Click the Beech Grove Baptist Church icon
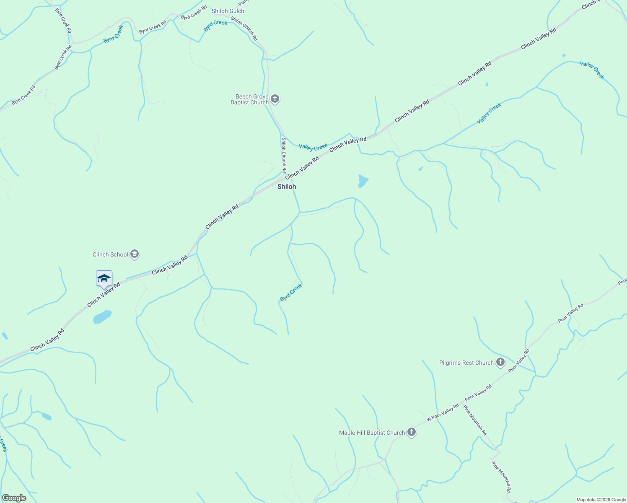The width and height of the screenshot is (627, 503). (x=275, y=99)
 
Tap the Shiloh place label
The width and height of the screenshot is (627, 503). (x=287, y=187)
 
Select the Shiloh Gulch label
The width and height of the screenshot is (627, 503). (x=228, y=11)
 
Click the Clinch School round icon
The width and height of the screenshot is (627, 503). (x=135, y=254)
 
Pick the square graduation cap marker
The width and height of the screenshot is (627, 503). (x=104, y=279)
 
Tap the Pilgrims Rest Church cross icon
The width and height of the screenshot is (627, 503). (x=500, y=362)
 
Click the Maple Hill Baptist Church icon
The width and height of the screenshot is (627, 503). (x=412, y=433)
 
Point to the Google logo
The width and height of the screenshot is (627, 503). (x=14, y=498)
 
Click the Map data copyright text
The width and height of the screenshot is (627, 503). (x=601, y=500)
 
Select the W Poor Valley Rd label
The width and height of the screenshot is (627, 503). (x=443, y=413)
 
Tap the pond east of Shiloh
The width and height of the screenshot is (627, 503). (x=363, y=181)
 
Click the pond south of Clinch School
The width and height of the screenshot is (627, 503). (x=102, y=316)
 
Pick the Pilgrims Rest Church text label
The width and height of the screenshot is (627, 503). (x=466, y=363)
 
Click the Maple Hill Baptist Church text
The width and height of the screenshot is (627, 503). (x=372, y=433)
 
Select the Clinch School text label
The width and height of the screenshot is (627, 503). (x=110, y=254)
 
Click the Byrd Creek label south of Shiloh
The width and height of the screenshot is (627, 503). (x=291, y=292)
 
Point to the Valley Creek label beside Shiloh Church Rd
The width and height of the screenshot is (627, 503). (x=313, y=147)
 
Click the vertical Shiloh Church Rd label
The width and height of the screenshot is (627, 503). (x=284, y=155)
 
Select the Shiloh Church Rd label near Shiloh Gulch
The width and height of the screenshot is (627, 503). (x=244, y=29)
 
